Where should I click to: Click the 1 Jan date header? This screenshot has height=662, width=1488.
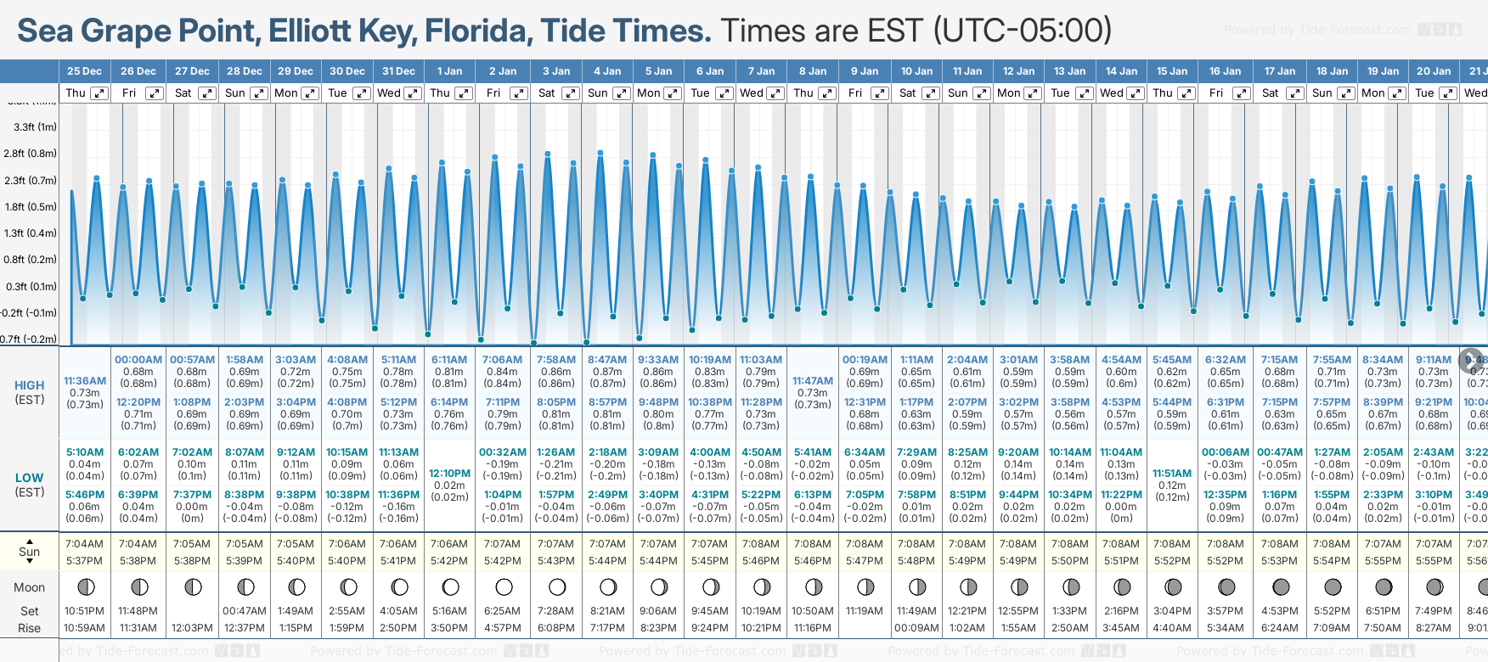449,71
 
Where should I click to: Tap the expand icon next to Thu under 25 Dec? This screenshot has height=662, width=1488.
99,93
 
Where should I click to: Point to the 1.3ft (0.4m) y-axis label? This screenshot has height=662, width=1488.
31,233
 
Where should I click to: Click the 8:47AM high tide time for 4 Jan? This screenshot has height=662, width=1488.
607,360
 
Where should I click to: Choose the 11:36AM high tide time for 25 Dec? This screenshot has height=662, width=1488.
85,381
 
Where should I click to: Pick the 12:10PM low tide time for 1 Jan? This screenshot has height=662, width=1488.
449,474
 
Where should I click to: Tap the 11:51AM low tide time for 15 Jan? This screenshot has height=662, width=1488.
1172,474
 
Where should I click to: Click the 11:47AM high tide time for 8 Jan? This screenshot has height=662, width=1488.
813,381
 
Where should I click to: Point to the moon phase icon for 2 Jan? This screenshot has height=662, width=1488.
504,587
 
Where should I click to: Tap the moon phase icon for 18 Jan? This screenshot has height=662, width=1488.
1333,587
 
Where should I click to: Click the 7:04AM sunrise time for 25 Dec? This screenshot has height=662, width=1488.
84,544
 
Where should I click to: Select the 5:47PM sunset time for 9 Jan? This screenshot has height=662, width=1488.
865,561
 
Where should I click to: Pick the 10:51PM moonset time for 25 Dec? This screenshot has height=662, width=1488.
84,611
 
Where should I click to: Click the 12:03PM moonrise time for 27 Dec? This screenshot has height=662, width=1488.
193,628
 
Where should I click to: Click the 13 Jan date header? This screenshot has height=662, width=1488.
1070,71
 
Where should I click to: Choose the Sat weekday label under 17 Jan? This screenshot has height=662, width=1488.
1271,93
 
